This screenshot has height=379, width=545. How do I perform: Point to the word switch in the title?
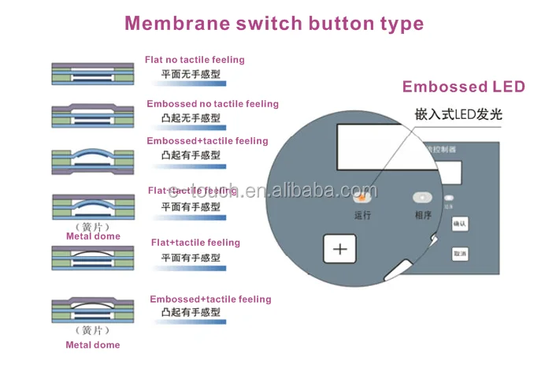tap(267, 23)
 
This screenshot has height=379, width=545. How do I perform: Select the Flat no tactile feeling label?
tap(195, 60)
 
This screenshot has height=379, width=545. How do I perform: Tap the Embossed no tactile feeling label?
tap(212, 104)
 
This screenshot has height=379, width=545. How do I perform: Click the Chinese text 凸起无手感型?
tap(190, 117)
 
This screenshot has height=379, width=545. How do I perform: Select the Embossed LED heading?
tap(463, 87)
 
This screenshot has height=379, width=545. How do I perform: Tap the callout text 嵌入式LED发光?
tap(458, 114)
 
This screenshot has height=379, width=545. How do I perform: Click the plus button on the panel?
tap(340, 249)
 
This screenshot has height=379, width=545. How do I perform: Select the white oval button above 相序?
tap(424, 197)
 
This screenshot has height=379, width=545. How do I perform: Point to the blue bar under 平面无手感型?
tap(190, 83)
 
